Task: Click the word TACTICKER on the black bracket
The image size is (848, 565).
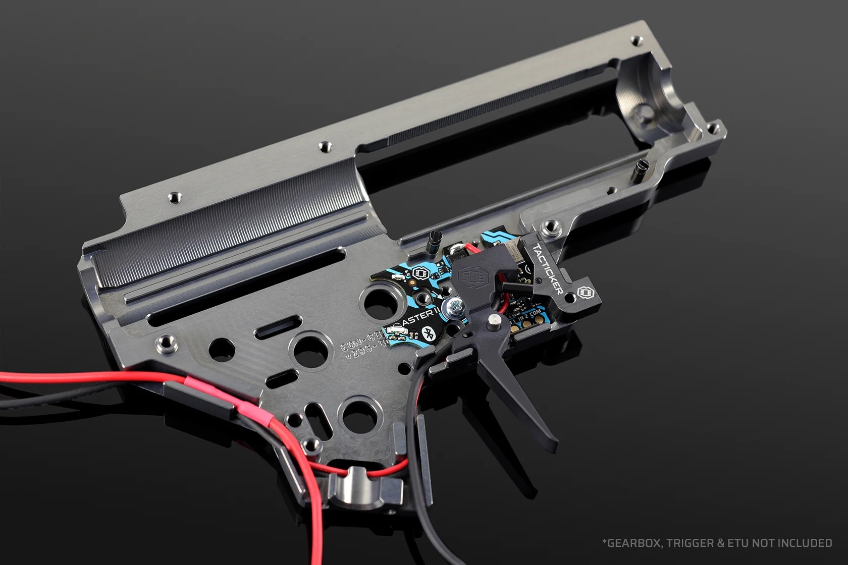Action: (548, 269)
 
